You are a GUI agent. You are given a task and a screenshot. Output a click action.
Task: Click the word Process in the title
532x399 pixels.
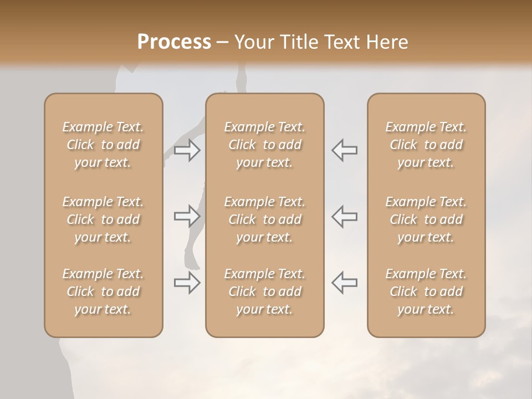tap(174, 42)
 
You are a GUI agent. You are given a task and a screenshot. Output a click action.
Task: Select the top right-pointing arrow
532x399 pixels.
tap(187, 150)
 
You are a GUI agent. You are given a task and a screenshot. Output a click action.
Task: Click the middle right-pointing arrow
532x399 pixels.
tap(187, 216)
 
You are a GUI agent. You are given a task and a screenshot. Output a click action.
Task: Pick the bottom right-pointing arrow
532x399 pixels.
tap(187, 283)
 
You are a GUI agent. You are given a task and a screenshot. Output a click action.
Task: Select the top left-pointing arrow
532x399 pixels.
tap(345, 150)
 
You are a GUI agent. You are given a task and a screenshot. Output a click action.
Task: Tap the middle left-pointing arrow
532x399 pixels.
tap(345, 216)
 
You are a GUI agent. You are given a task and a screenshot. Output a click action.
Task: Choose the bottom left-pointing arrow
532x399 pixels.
tap(345, 283)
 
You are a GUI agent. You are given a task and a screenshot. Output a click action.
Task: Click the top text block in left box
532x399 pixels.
tap(103, 145)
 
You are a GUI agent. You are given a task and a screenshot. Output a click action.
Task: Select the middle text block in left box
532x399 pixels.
tap(103, 219)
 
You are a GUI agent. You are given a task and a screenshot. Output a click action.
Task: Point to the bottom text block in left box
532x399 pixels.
tap(103, 291)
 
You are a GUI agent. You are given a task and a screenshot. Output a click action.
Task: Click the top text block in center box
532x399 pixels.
tap(264, 145)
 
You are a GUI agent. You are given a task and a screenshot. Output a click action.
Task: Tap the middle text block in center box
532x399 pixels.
tap(264, 219)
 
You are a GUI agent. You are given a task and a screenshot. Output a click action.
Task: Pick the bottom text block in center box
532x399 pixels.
tap(264, 291)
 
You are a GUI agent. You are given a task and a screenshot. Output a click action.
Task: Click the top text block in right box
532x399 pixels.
tap(426, 145)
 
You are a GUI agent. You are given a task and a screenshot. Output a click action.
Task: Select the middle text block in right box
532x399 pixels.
tap(426, 219)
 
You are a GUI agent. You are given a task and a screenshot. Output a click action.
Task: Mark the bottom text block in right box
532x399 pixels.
tap(426, 291)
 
